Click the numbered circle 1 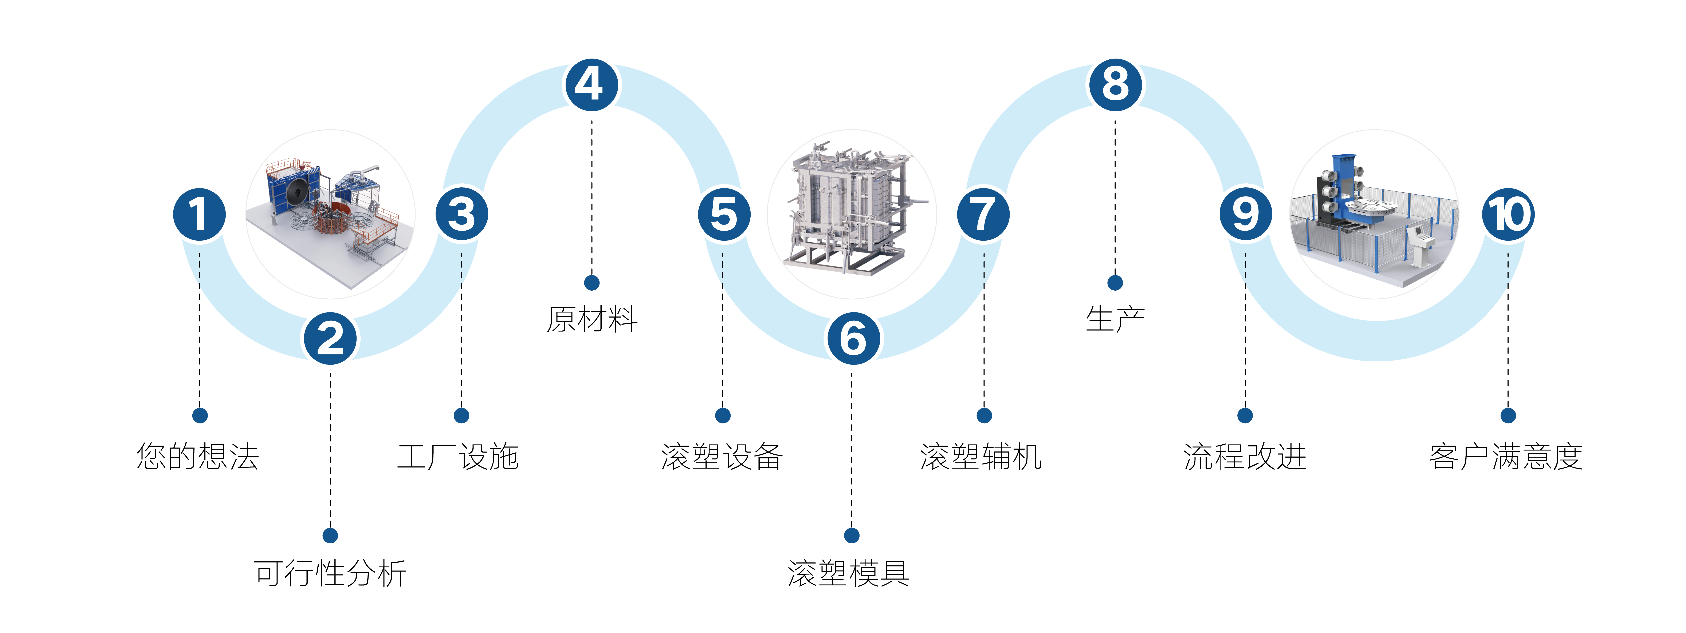coord(200,215)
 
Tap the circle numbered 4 coord(592,85)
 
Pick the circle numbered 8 coord(1116,85)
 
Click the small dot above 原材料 coord(592,283)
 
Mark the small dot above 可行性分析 coord(331,536)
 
